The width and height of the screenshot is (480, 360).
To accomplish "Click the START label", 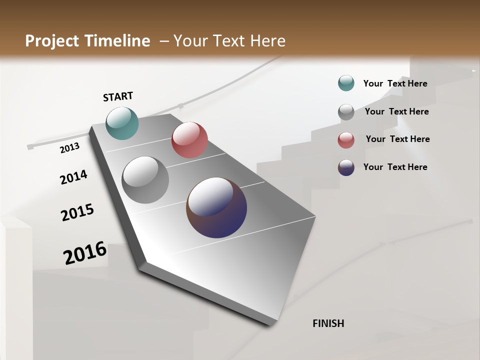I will (118, 96).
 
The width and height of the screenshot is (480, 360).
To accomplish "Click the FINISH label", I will (328, 323).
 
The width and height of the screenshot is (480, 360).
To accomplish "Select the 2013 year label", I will (69, 148).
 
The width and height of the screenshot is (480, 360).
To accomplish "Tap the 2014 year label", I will (73, 177).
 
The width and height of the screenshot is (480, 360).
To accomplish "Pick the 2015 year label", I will (77, 212).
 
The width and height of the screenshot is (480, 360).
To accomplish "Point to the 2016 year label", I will (85, 253).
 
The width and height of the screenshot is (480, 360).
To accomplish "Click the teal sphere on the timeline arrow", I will (122, 123).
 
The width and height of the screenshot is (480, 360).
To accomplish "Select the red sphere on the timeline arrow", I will (189, 140).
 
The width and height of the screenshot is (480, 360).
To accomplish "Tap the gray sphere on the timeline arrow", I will (145, 180).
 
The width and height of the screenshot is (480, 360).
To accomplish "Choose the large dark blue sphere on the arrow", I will (216, 207).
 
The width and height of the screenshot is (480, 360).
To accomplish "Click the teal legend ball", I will (346, 83).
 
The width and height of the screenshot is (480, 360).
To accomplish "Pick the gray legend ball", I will (346, 112).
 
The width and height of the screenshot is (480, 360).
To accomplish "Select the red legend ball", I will (346, 140).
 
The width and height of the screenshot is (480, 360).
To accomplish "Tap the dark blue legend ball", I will (346, 167).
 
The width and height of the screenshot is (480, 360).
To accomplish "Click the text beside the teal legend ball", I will (395, 83).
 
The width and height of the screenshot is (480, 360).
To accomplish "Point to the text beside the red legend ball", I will (397, 139).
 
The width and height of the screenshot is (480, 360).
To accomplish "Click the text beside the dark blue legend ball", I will (395, 167).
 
